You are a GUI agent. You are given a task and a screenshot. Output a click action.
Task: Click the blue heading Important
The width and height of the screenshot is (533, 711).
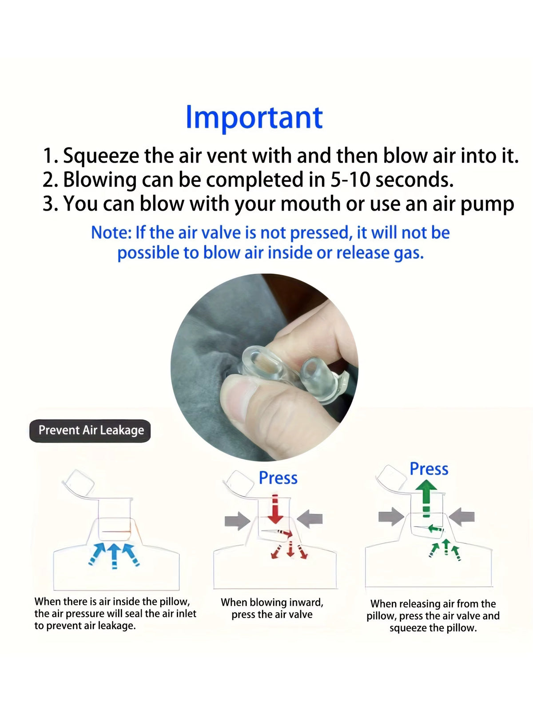click(x=255, y=118)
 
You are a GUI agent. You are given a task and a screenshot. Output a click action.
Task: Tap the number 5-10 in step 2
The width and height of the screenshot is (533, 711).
click(x=350, y=180)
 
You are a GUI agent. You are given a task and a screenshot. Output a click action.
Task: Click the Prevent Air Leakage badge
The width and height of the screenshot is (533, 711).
click(x=90, y=431)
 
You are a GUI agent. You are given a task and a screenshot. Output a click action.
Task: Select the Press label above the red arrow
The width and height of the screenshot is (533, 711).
click(x=278, y=478)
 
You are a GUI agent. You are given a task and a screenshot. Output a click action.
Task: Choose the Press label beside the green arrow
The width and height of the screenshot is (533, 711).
click(x=429, y=469)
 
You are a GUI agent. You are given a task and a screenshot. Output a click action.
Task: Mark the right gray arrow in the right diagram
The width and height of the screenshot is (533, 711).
click(x=462, y=517)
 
